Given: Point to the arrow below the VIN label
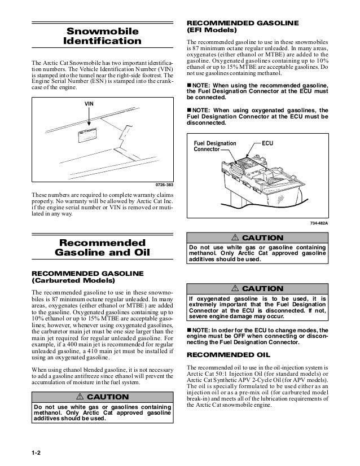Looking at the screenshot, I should (x=89, y=118).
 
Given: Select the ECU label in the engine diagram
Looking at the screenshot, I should (x=268, y=143).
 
